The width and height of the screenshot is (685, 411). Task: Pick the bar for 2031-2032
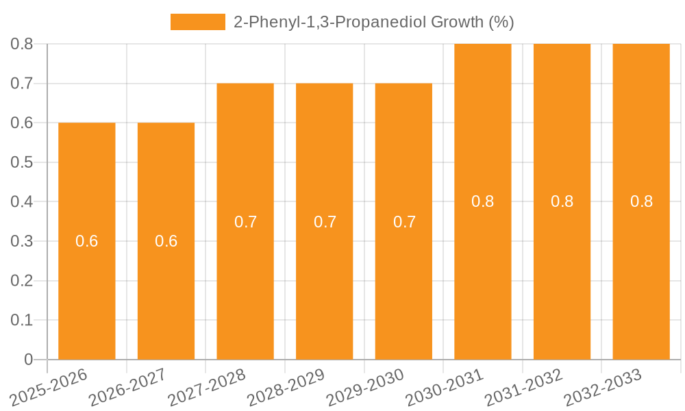click(562, 274)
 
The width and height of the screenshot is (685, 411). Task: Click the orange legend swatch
click(197, 22)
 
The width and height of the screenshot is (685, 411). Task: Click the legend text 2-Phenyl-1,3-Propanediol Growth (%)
click(373, 22)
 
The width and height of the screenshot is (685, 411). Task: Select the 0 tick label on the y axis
click(28, 360)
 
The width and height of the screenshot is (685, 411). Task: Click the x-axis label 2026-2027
click(127, 388)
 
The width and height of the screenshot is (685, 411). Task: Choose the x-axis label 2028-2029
click(285, 388)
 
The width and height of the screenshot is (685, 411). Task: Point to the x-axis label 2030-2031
click(444, 388)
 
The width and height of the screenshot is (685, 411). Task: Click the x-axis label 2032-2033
click(602, 388)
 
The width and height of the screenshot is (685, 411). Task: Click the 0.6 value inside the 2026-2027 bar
click(166, 241)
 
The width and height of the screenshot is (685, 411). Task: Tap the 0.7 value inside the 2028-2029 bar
click(325, 222)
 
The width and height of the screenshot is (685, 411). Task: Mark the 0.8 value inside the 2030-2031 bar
click(483, 201)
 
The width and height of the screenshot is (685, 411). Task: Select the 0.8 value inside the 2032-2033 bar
click(641, 201)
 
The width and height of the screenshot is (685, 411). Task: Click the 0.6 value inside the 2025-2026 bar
click(87, 241)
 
